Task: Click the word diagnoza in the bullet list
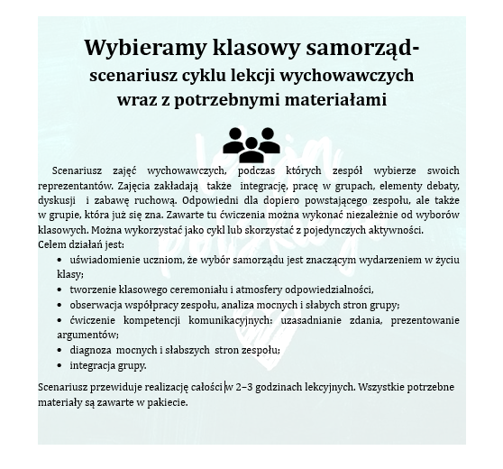coord(93,350)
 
